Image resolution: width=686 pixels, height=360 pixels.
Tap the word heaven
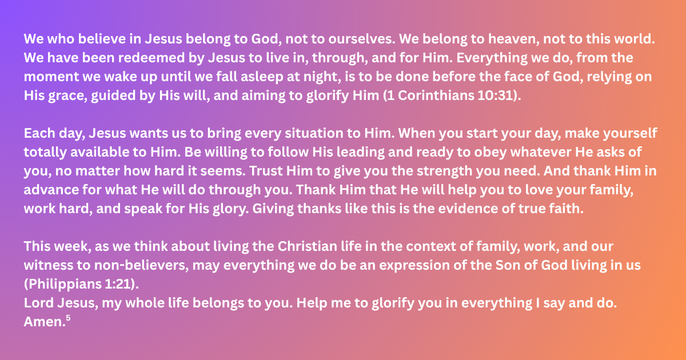coord(513,39)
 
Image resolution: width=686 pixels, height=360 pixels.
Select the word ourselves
coord(362,39)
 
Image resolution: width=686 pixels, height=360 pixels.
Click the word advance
coord(51,190)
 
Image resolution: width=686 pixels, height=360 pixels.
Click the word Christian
coord(308,246)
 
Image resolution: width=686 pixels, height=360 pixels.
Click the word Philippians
coord(62,285)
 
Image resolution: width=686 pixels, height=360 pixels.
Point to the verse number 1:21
coord(118,285)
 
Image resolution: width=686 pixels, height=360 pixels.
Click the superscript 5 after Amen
coord(68,318)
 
